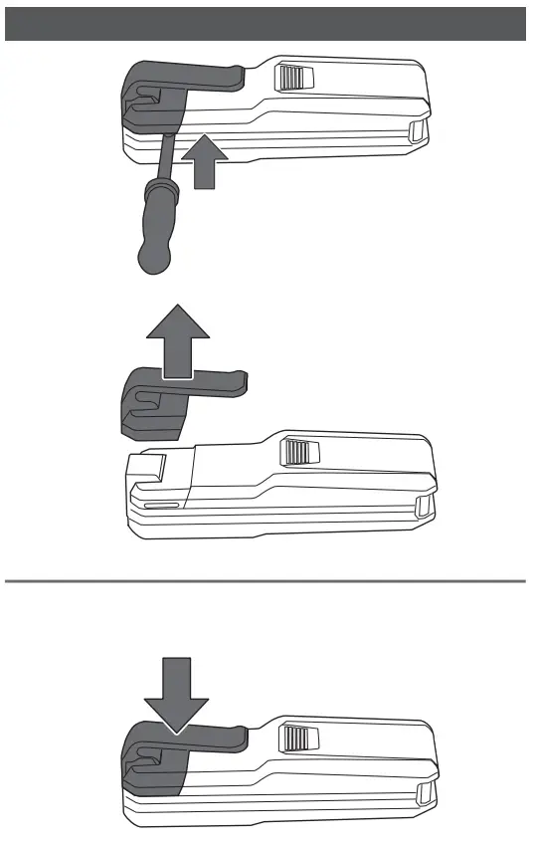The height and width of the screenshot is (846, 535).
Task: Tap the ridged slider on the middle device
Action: pos(296,453)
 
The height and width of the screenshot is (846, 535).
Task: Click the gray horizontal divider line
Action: pos(266,579)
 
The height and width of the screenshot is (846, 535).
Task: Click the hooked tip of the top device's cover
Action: pos(236,73)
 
